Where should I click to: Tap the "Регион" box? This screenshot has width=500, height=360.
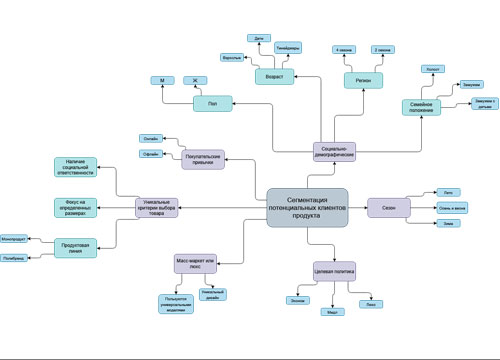point(365,80)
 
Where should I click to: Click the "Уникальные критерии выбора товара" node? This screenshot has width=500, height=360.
point(157,207)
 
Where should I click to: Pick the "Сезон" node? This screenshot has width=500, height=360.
point(387,207)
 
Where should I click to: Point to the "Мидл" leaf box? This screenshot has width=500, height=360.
point(334,312)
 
